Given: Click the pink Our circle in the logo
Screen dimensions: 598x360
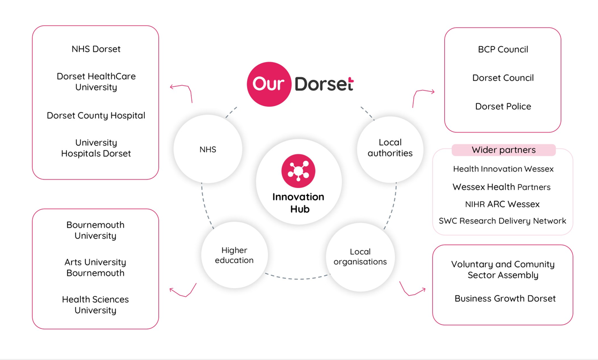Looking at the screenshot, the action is pos(269,84).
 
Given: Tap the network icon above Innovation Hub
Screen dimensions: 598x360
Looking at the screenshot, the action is pos(298,171).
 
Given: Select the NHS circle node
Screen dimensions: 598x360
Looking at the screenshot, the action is pos(208,149).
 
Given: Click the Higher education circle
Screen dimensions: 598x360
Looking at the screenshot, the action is pos(234,255).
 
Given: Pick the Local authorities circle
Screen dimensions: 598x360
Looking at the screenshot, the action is pos(390,149).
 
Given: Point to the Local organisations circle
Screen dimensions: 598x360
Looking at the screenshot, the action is pos(360,257).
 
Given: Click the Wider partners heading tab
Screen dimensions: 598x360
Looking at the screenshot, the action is pos(503,150).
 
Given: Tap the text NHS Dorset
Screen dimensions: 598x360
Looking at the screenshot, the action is pos(96,49).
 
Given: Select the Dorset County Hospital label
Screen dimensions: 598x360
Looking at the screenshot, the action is pos(96,116).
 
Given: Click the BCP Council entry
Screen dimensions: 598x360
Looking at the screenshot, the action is pos(503,49).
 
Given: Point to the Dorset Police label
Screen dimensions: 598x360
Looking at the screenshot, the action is pos(503,107).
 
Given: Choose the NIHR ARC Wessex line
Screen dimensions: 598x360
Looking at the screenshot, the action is pos(502,205).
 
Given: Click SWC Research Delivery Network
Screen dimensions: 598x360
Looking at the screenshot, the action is pos(502,221).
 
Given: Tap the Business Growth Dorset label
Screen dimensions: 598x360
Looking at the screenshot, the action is pos(505,298).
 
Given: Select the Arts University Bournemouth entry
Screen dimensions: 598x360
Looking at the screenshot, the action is pos(95,267).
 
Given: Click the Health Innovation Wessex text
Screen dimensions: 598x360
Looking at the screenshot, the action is pos(503,169).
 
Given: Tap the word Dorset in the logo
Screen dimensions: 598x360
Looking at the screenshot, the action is pos(324,84).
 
